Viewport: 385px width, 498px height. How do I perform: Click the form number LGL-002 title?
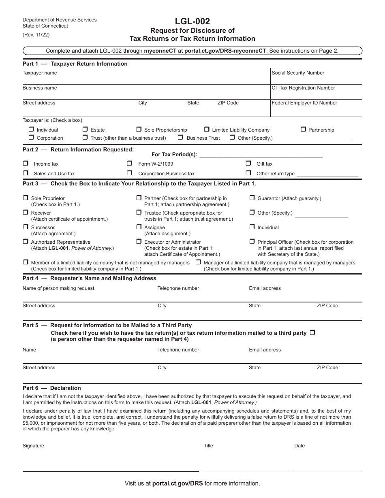pos(192,21)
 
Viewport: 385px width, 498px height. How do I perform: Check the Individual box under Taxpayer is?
pos(31,130)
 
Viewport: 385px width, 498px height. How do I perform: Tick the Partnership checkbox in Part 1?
pos(303,130)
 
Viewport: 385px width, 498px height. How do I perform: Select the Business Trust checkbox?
pos(181,138)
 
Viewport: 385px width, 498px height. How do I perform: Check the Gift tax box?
pos(248,163)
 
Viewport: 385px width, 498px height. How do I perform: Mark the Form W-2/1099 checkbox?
pos(130,163)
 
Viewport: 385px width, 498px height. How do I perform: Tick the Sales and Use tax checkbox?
pos(26,173)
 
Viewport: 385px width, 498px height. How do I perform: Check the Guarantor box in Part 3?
pos(252,198)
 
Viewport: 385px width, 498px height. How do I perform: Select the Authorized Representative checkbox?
pos(26,242)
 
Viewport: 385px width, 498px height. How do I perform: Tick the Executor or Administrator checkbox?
pos(139,242)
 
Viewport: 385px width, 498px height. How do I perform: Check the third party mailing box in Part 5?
pos(312,333)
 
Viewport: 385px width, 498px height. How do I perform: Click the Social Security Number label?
pos(298,73)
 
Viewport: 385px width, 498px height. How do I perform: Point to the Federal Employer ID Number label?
pos(304,103)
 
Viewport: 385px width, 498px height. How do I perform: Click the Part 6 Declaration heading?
pos(52,388)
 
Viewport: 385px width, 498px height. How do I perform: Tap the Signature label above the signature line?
pos(33,446)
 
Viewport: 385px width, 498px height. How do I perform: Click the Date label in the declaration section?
pos(299,446)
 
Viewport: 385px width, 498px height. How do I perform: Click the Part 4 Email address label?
pos(265,288)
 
